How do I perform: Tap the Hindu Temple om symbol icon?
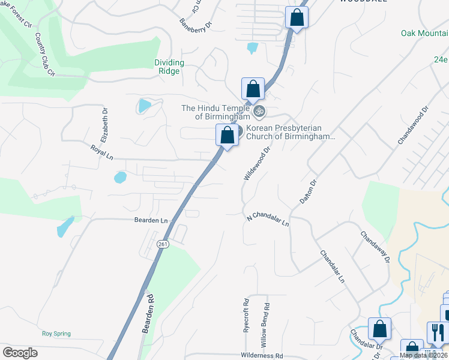coord(261,111)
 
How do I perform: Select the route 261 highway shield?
coord(162,244)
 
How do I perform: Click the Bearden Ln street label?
coord(151,220)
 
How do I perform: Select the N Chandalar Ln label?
coord(268,219)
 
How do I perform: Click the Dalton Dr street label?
coord(308,192)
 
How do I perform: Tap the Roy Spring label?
coord(56,334)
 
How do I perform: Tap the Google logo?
coord(20,352)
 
